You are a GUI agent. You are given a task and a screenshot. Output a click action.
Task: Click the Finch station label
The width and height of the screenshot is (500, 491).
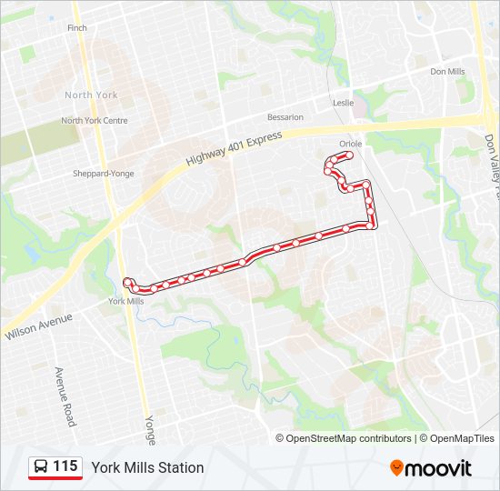[x=76, y=28]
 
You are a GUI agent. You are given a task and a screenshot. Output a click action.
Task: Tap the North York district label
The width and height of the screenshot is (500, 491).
[x=91, y=95]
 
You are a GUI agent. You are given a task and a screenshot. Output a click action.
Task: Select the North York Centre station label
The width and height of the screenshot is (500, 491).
[x=94, y=120]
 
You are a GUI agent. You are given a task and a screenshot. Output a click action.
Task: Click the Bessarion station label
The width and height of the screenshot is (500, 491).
[x=285, y=117]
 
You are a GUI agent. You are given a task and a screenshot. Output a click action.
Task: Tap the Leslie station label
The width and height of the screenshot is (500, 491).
[x=343, y=103]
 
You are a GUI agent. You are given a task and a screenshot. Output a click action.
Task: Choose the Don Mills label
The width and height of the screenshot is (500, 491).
[x=447, y=71]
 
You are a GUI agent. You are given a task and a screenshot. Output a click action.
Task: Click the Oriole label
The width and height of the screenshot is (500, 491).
[x=350, y=144]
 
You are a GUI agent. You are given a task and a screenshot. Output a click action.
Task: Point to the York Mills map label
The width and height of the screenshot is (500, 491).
[x=125, y=301]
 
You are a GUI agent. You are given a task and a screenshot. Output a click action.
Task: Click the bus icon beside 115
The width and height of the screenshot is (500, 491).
[x=41, y=467]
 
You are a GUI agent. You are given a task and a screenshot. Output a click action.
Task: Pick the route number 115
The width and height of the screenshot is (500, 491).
[x=65, y=466]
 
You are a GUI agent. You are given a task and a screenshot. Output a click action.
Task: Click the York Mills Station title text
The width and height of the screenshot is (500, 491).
[x=147, y=467]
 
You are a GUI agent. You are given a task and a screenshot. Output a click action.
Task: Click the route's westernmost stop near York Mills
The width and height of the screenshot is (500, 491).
[x=127, y=282]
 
